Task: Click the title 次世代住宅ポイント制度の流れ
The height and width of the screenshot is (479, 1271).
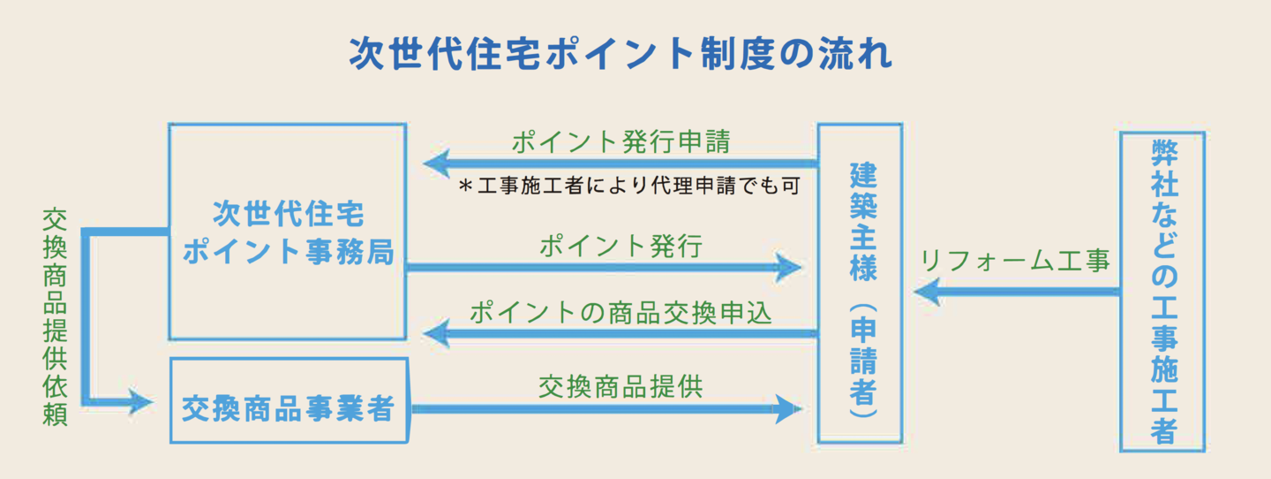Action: point(620,53)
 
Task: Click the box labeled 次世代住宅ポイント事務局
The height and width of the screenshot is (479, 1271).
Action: point(288,232)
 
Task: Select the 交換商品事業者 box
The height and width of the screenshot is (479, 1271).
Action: point(288,400)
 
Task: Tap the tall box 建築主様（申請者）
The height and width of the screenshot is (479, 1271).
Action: point(860,283)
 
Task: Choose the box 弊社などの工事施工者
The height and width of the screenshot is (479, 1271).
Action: point(1162,292)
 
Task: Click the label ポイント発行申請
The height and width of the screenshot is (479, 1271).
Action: point(620,141)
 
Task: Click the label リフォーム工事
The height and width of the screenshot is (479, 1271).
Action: point(1014,261)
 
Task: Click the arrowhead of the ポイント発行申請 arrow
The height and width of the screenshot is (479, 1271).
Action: point(436,163)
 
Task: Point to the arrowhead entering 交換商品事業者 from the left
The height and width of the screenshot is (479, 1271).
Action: point(141,402)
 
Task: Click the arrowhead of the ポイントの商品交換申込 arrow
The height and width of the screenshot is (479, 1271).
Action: point(436,333)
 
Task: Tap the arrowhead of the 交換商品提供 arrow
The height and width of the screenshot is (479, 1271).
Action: point(787,408)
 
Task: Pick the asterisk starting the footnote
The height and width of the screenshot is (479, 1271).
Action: point(465,187)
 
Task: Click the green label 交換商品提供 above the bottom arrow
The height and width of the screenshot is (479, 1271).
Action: point(620,386)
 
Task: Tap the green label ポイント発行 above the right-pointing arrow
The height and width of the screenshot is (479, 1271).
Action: point(620,247)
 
